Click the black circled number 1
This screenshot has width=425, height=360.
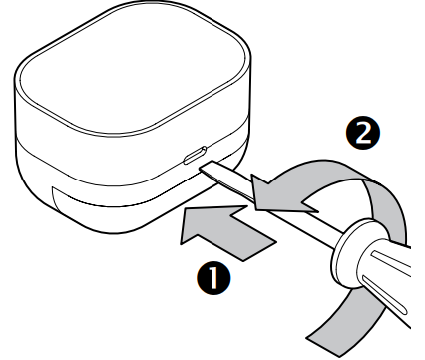pyautogui.click(x=213, y=277)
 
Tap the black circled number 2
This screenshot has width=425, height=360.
pyautogui.click(x=363, y=133)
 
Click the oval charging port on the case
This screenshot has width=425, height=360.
pyautogui.click(x=195, y=155)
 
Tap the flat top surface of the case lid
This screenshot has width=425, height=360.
pyautogui.click(x=134, y=67)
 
